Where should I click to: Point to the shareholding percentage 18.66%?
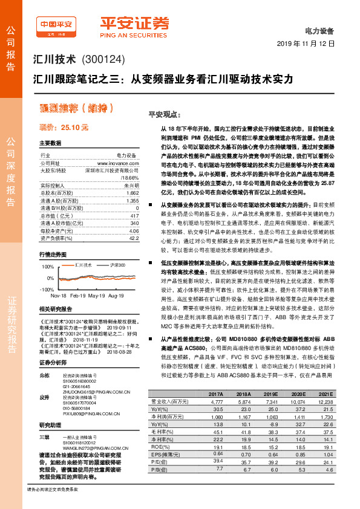click(x=129, y=178)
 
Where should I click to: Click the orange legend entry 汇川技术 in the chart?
click(x=83, y=265)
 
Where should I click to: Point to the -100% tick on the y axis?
click(x=47, y=290)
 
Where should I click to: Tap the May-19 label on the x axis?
click(x=97, y=297)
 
